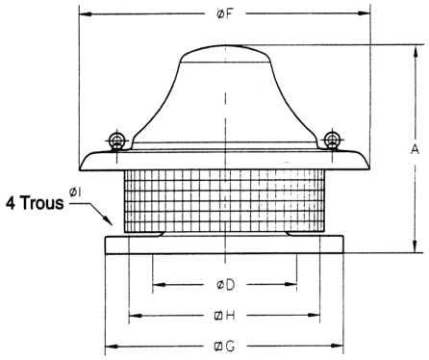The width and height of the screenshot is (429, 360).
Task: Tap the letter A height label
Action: click(415, 149)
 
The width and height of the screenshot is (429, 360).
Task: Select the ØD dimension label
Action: click(225, 285)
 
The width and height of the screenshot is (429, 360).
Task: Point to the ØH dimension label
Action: click(225, 316)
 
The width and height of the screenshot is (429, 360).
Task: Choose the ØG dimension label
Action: click(224, 347)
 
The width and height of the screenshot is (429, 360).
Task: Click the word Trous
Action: click(42, 203)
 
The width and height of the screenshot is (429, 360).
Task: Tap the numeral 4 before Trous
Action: click(11, 203)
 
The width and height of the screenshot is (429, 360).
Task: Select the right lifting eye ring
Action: click(332, 140)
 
